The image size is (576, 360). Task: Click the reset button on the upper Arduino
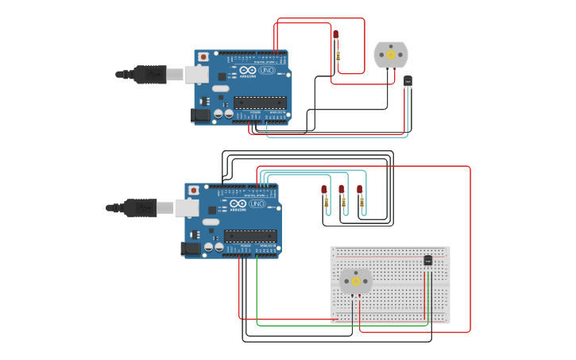203,57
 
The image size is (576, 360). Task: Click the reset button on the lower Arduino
194,191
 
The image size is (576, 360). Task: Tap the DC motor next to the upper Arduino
390,55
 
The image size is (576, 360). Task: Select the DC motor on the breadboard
355,281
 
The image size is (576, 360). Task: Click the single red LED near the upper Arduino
335,35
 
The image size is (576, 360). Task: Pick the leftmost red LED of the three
324,190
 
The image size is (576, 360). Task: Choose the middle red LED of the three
342,190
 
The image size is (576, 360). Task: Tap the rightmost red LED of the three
359,190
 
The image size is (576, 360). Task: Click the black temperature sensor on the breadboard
427,260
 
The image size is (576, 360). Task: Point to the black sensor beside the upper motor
408,80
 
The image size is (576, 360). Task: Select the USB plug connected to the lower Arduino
140,208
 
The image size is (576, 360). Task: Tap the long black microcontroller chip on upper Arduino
260,102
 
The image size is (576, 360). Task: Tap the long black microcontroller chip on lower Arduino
250,235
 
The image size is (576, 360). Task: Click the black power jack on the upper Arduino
201,115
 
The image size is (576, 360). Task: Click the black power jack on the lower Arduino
191,249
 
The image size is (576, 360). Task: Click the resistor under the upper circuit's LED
338,56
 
